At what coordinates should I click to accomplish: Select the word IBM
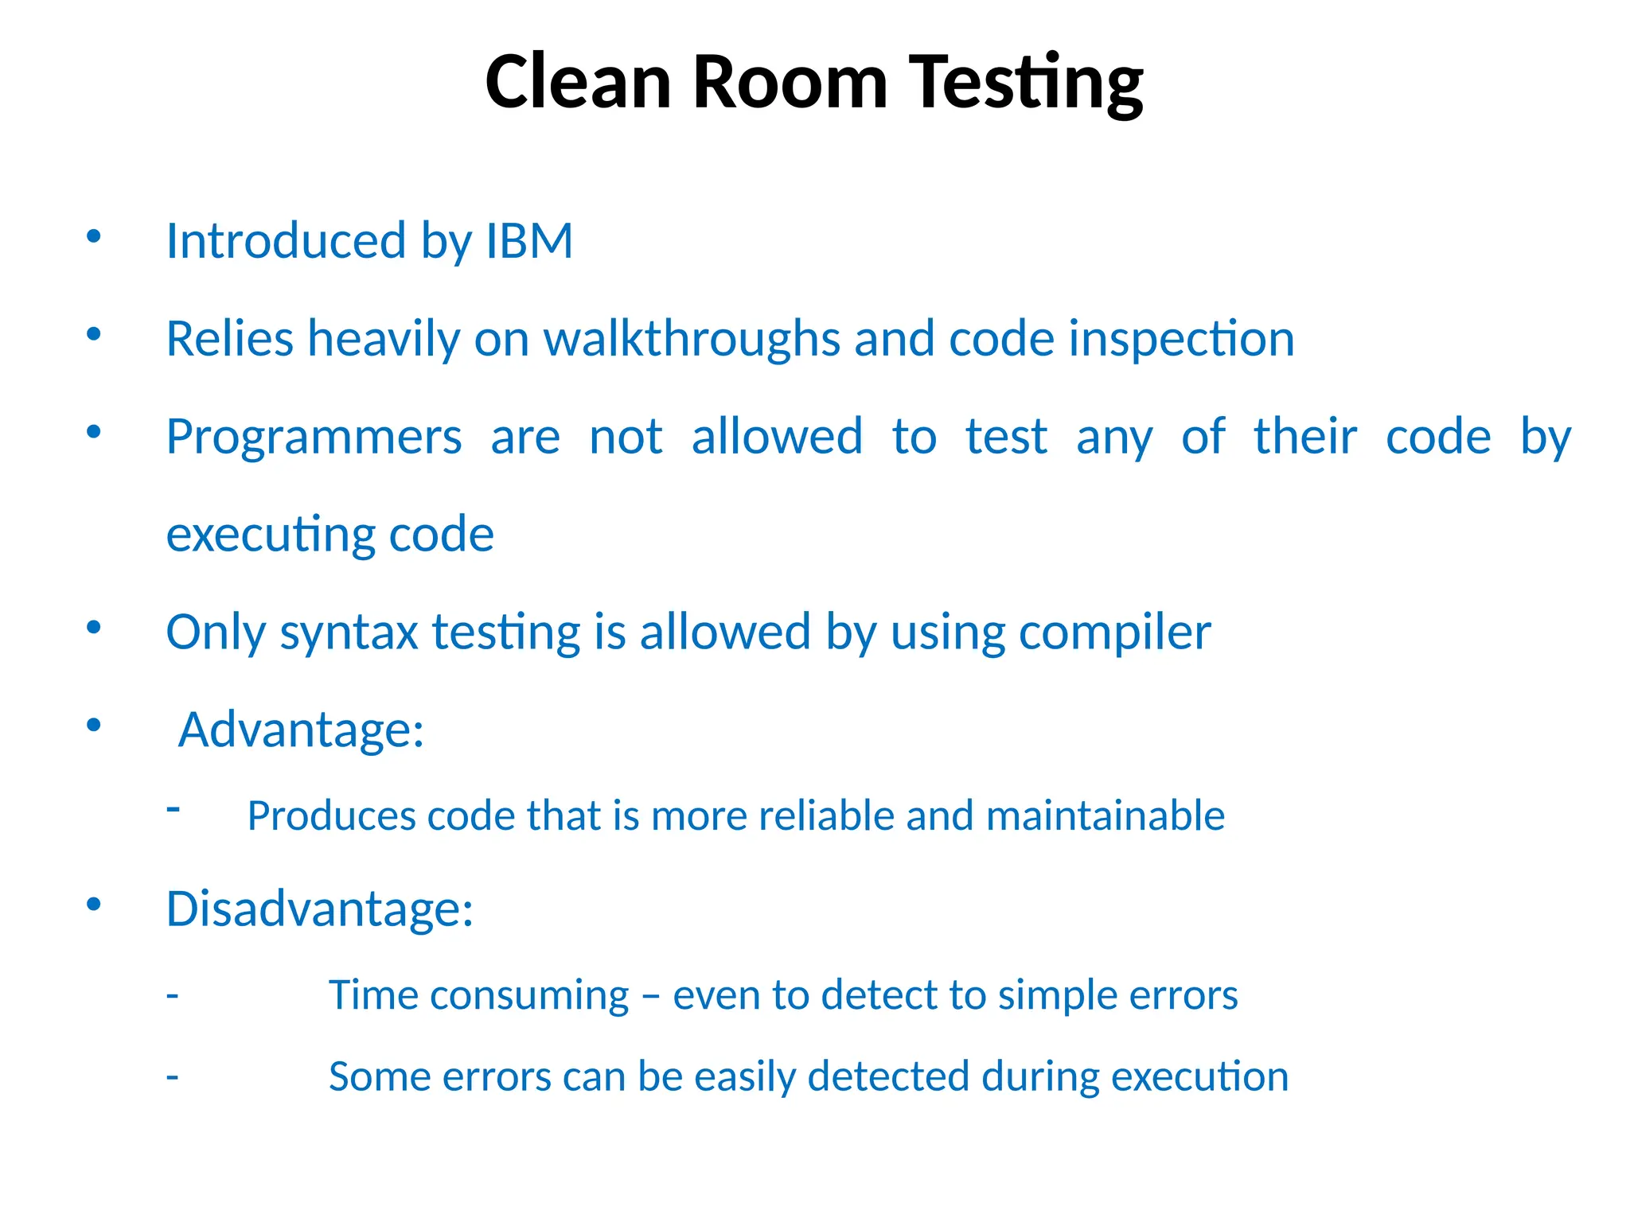click(529, 240)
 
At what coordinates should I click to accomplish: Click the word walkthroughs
click(692, 338)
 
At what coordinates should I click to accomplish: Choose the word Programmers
click(314, 437)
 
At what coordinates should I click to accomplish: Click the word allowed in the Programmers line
click(777, 437)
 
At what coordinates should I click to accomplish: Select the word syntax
click(349, 632)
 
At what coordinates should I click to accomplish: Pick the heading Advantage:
click(301, 730)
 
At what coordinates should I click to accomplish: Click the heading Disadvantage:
click(319, 909)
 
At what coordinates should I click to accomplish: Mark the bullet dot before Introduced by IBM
click(94, 236)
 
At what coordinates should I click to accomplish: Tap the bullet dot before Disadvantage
click(94, 905)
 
